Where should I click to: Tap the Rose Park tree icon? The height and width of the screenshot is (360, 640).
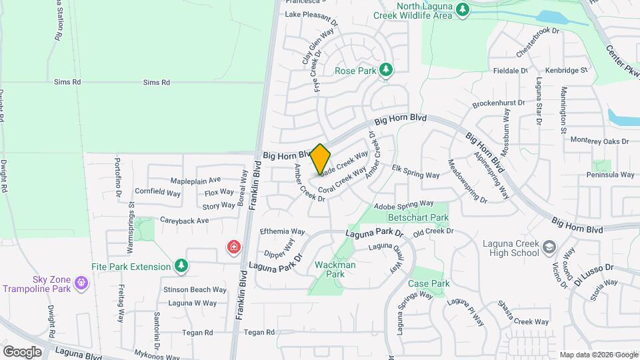click(x=385, y=69)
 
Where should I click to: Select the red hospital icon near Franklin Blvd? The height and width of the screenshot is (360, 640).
click(x=233, y=247)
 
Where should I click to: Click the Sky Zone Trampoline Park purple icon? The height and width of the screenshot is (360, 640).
click(x=81, y=282)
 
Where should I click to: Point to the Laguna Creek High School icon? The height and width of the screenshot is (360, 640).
click(x=549, y=247)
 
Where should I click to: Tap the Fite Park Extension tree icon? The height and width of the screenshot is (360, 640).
click(x=181, y=267)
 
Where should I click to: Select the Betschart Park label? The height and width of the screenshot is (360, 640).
click(x=419, y=217)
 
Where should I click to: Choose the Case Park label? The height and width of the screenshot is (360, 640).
click(x=429, y=283)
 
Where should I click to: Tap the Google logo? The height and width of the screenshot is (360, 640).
click(x=22, y=351)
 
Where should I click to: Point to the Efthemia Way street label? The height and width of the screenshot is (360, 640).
click(x=282, y=231)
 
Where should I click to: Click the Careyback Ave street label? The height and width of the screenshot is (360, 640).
click(x=184, y=220)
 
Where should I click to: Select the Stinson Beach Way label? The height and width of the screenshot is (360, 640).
click(x=197, y=290)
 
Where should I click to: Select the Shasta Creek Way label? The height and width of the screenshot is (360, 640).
click(x=523, y=321)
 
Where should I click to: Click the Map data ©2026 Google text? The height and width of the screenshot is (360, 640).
click(x=599, y=355)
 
